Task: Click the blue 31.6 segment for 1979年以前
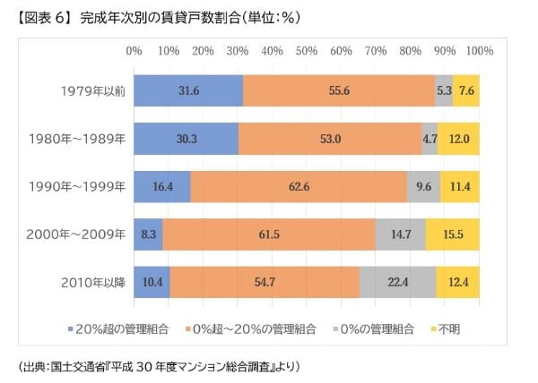(x=188, y=90)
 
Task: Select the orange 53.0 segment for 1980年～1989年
(x=330, y=139)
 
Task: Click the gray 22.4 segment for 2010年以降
(x=398, y=282)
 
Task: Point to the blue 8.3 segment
(x=148, y=234)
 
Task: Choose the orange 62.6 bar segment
(x=299, y=186)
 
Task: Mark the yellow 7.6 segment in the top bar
(x=466, y=90)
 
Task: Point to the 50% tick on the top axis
(x=307, y=50)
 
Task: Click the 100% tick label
(x=479, y=50)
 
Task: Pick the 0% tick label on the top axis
(x=134, y=50)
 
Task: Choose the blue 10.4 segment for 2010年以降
(x=152, y=282)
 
